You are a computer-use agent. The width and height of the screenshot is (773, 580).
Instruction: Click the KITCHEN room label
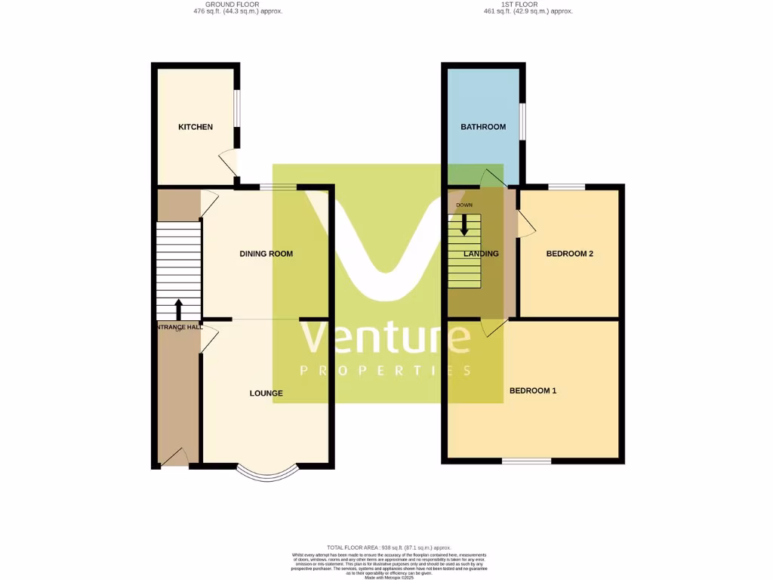coord(196,127)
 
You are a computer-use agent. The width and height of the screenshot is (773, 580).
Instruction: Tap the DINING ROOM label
coord(266,254)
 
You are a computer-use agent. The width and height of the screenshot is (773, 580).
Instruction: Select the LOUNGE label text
coord(266,393)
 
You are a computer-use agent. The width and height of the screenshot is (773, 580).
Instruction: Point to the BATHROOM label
coord(483,127)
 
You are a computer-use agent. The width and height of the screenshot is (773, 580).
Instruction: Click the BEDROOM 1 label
coord(533,390)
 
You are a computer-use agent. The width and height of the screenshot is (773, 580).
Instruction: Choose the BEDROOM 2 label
coord(570,254)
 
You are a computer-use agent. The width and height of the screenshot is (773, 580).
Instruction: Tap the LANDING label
coord(482,254)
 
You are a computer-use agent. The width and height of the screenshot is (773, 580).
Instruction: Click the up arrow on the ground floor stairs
coord(179,308)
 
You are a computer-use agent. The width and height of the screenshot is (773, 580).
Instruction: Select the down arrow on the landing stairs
coord(464,224)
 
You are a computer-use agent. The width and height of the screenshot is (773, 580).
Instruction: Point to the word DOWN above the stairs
coord(464,205)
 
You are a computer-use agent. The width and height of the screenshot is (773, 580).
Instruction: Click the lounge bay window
coord(267,473)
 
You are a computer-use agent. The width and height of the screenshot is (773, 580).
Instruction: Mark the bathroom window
coord(522,121)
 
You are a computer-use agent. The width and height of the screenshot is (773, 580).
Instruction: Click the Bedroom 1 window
coord(527,461)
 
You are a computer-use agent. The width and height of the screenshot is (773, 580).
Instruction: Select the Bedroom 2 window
coord(566,187)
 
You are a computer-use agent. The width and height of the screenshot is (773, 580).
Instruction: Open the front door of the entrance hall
coord(174,458)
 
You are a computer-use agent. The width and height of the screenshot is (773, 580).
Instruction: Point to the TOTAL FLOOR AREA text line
coord(389,548)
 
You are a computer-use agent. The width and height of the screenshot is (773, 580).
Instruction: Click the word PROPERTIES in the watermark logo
coord(386,371)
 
